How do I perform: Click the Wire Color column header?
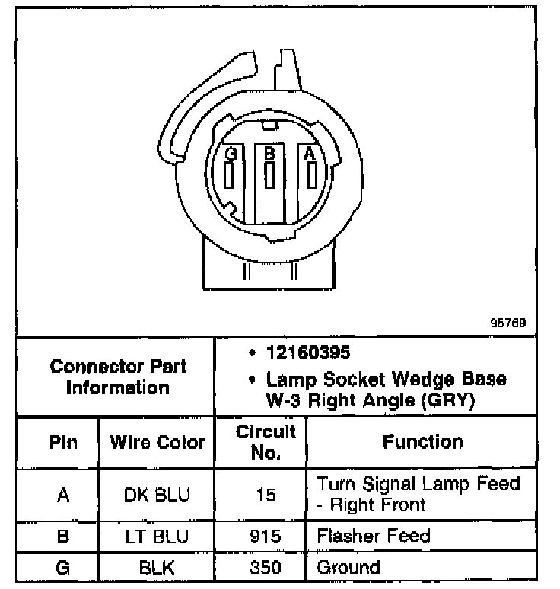point(157,442)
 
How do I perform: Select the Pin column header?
point(63,442)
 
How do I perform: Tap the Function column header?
point(423,442)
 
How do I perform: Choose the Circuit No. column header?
point(266,442)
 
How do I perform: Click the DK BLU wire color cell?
point(157,495)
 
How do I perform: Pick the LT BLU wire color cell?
point(157,536)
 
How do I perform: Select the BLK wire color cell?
point(157,568)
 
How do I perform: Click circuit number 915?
point(266,536)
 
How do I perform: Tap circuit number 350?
point(266,568)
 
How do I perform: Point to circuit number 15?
point(266,495)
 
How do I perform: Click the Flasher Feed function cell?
point(374,536)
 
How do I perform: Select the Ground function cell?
point(348,568)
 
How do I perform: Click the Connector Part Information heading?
point(118,377)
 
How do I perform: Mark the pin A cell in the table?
point(63,495)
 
